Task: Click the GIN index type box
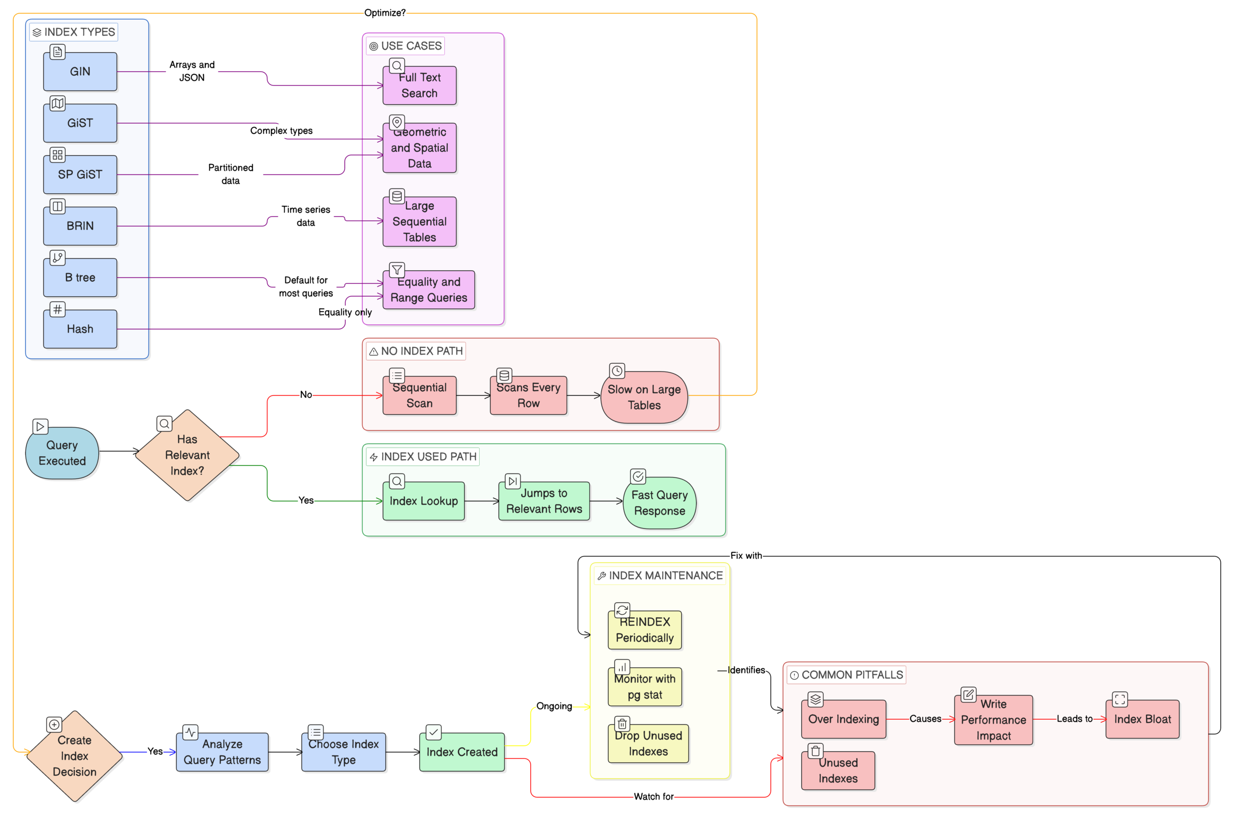80,72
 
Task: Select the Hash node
80,329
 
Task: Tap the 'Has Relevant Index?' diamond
187,455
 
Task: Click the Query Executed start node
62,453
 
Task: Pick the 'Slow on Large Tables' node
644,397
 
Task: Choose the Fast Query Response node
659,502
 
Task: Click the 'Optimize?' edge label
385,13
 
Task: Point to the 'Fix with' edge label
746,556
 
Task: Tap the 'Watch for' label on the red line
653,796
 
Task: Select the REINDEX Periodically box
644,630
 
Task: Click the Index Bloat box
1142,719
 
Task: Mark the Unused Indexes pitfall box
838,770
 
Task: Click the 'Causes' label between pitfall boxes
925,719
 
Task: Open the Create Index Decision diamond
74,756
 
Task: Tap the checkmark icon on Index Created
433,732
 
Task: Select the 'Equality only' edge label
345,312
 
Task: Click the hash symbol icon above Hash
57,309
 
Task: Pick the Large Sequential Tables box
419,222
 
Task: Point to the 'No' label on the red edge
306,395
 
